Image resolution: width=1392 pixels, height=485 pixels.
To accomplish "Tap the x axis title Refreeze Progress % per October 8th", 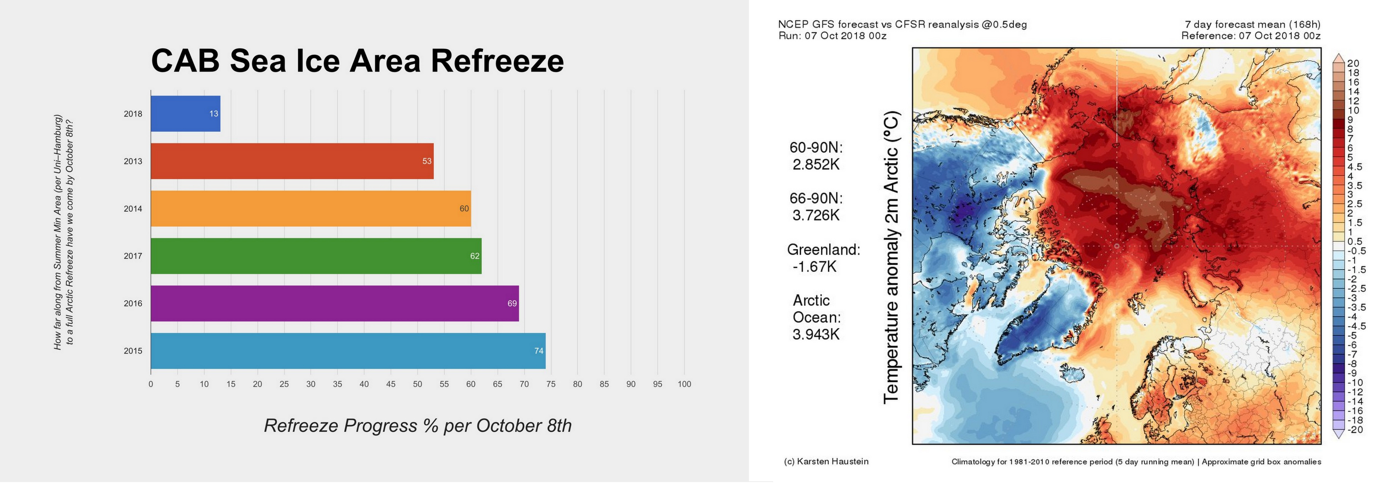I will [417, 426].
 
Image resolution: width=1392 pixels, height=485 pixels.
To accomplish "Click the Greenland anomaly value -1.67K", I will [814, 266].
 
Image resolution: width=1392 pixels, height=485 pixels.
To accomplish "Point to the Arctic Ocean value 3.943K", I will [816, 334].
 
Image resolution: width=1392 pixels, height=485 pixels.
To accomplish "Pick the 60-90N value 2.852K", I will [816, 164].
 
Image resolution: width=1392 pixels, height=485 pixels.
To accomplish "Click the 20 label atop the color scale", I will [1353, 63].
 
